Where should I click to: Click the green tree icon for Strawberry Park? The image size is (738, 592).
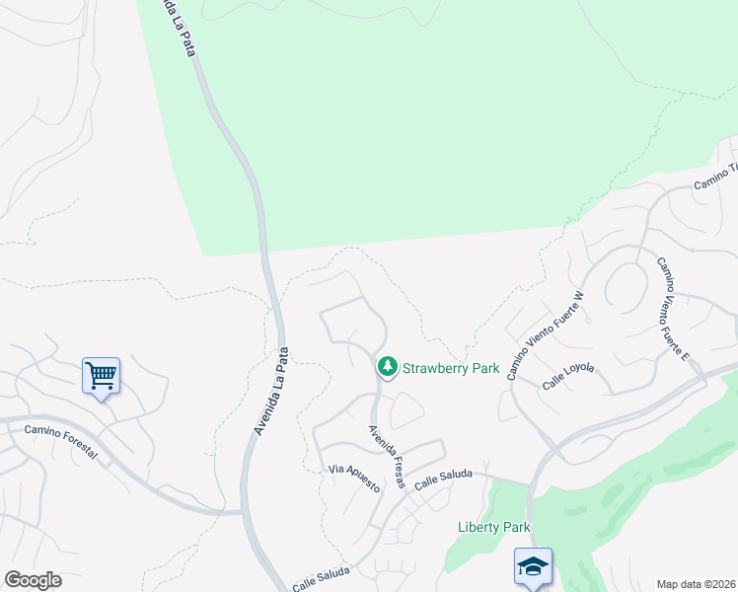click(387, 368)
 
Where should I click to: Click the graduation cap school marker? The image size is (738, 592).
click(532, 567)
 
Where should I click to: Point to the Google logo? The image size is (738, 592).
click(33, 580)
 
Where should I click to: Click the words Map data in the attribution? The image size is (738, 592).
click(682, 583)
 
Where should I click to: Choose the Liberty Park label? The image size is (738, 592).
click(494, 527)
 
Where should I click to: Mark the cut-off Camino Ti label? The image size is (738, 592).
click(716, 178)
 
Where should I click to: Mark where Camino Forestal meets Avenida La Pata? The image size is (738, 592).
click(243, 512)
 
